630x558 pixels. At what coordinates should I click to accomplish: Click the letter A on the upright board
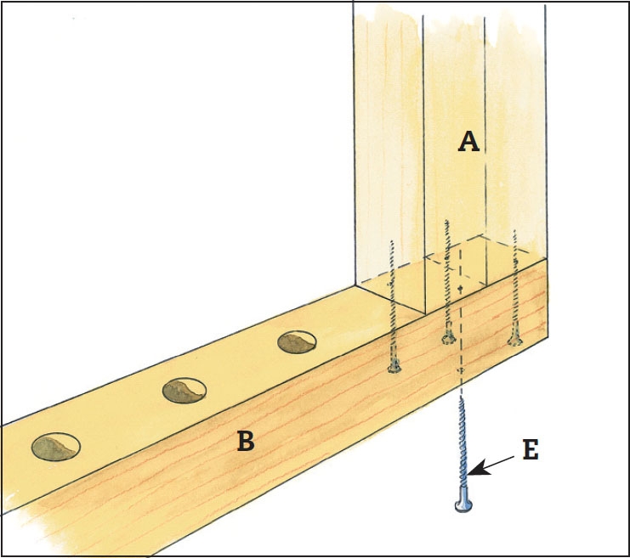468,142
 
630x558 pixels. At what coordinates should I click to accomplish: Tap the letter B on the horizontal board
245,442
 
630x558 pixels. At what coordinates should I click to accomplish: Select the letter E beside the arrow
531,450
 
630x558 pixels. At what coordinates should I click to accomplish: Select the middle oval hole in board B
184,390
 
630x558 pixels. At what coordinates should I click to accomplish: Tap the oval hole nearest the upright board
298,341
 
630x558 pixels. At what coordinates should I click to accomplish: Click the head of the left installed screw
393,368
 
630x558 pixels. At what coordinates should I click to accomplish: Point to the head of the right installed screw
514,341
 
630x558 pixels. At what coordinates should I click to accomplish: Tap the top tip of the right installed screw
514,229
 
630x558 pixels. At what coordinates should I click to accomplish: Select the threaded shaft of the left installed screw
392,306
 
